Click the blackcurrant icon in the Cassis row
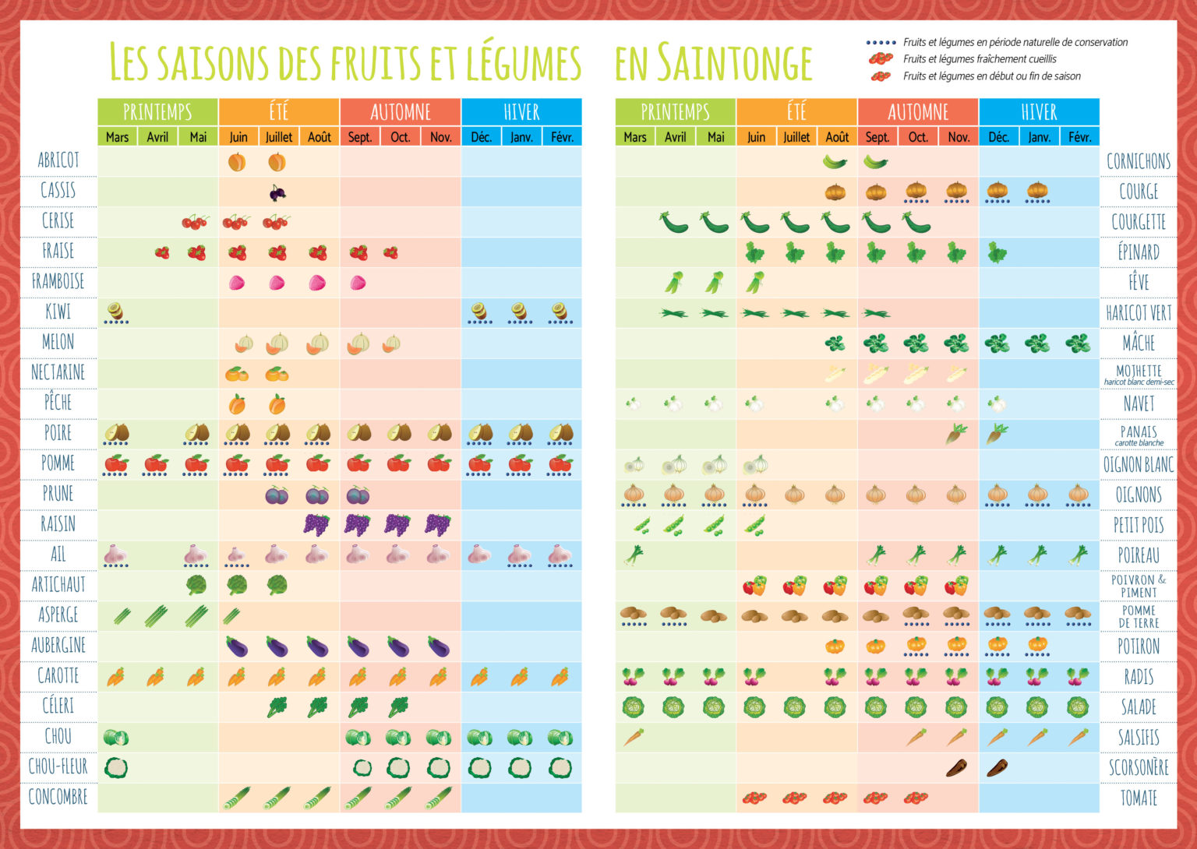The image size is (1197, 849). [277, 192]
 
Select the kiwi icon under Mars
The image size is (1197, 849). [116, 312]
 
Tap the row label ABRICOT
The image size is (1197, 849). [58, 160]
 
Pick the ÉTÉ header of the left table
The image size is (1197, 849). [279, 112]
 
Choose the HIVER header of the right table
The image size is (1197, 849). [1039, 112]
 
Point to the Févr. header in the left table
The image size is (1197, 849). [562, 137]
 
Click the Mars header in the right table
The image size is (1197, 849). [635, 137]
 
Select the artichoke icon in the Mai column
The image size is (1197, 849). [196, 584]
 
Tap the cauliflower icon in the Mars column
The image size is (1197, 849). [116, 767]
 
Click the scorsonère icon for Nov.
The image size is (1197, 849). [957, 768]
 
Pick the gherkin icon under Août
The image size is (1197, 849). [835, 162]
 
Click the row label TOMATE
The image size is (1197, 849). [1139, 798]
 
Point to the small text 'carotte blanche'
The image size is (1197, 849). [1139, 442]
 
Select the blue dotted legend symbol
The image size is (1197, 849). [881, 43]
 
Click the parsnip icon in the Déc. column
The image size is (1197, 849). [997, 433]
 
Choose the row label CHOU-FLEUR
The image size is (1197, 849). [58, 767]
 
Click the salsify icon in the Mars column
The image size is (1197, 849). [634, 737]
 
